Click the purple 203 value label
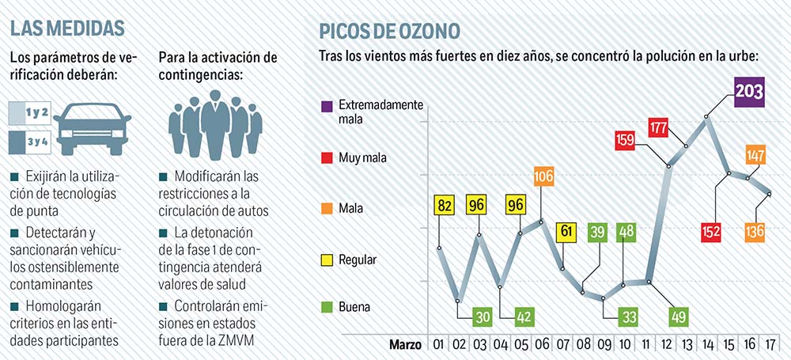coord(748,92)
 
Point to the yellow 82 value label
coord(445,204)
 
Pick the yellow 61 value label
coord(566,232)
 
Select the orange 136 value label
coord(754,232)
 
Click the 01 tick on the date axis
coord(436,345)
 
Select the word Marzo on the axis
coord(404,345)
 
